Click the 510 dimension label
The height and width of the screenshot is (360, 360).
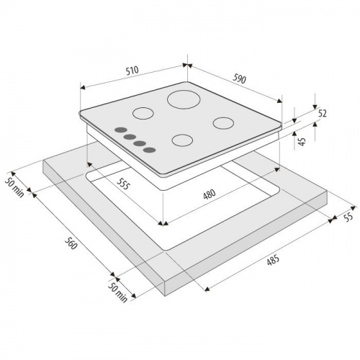132,71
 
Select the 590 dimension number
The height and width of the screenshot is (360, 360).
239,79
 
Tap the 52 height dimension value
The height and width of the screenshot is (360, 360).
322,113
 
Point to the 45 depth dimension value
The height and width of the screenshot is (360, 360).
302,141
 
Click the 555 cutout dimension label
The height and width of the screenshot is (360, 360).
123,184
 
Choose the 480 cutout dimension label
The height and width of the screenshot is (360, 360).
210,194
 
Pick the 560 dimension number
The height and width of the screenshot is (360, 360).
71,243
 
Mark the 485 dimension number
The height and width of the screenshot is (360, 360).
273,260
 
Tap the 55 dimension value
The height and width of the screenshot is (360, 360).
348,217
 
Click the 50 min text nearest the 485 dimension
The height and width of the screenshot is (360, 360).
117,292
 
